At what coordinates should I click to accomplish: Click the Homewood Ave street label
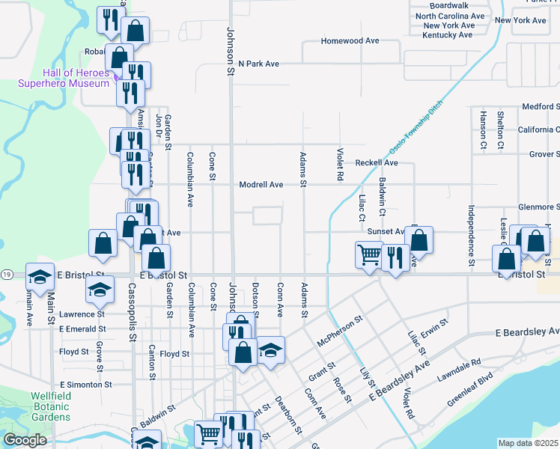click(x=350, y=41)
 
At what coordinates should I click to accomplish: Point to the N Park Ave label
click(x=258, y=64)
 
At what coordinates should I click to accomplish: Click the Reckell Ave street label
click(x=377, y=162)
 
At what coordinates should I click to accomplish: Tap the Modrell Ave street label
click(x=261, y=185)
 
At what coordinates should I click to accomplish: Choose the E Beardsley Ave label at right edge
click(x=527, y=332)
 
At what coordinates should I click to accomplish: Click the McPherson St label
click(x=339, y=330)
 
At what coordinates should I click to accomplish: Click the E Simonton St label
click(x=85, y=384)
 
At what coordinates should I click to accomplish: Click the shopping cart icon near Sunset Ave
click(x=369, y=254)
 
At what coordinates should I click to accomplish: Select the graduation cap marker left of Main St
click(x=40, y=276)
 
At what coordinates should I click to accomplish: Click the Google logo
click(x=25, y=440)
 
